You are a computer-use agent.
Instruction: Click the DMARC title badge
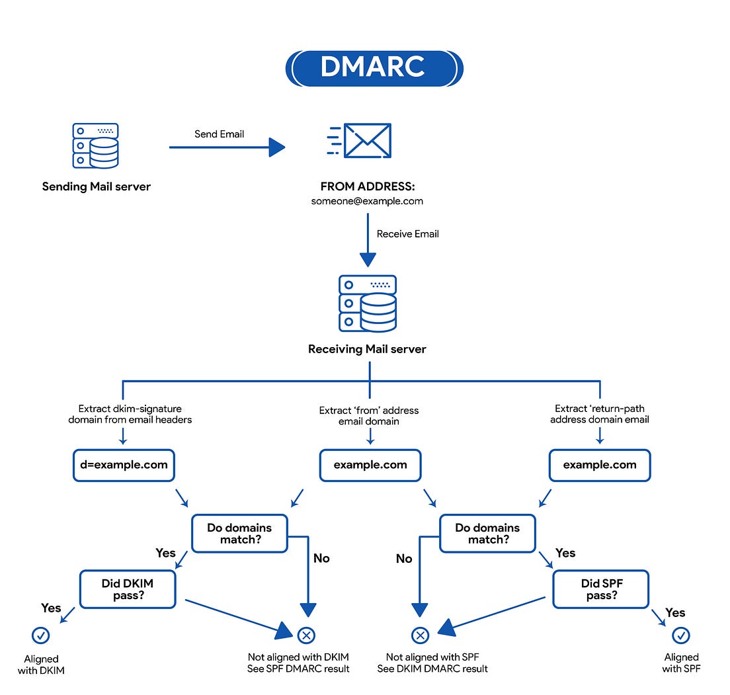pos(374,67)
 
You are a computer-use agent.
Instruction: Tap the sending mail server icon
pos(95,145)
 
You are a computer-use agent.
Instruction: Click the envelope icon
pos(360,141)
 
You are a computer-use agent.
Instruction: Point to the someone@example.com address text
pos(367,201)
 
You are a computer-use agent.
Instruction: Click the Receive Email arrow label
pos(407,233)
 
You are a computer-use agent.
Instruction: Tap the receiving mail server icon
pos(368,304)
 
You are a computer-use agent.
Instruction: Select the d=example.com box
pos(123,465)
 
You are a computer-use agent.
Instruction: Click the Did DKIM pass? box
pos(128,589)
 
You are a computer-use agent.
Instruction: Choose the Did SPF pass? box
pos(600,589)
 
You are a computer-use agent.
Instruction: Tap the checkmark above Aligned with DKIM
pos(41,635)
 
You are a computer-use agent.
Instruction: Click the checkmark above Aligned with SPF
pos(680,635)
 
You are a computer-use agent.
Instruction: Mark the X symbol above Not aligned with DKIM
pos(305,635)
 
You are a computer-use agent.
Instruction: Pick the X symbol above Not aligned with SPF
pos(420,635)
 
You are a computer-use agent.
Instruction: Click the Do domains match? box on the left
pos(239,534)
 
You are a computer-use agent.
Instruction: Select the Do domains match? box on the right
pos(487,534)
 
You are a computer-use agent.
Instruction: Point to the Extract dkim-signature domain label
pos(130,414)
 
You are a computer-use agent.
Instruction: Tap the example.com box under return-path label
pos(600,465)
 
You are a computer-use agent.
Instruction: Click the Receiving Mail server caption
pos(367,349)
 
